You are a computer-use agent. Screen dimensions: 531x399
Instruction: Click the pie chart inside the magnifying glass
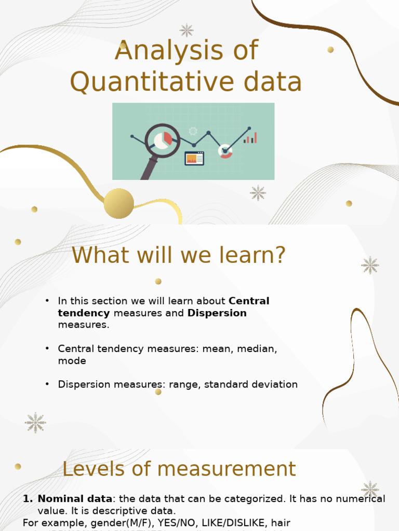(x=163, y=140)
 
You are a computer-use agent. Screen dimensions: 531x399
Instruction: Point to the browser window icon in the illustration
(x=194, y=159)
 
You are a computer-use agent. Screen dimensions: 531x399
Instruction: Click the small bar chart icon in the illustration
(x=250, y=138)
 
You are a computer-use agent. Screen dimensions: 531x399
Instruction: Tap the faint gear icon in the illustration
(x=193, y=131)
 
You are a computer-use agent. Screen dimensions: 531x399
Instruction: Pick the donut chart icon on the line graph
(x=225, y=151)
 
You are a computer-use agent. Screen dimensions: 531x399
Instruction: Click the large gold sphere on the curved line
(x=119, y=203)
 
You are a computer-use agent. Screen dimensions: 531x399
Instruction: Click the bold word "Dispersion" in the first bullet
(x=217, y=313)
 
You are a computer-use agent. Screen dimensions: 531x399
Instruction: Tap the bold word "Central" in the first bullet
(x=249, y=301)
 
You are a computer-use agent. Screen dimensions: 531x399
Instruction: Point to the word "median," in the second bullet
(x=258, y=349)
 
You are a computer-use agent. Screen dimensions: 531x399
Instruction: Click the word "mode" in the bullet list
(x=72, y=361)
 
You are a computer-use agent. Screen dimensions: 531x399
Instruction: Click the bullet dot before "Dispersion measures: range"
(x=47, y=384)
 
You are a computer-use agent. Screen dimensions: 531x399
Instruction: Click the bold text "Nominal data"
(x=75, y=499)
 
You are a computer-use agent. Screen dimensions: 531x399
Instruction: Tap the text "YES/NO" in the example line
(x=152, y=523)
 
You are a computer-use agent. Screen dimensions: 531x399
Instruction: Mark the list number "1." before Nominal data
(x=28, y=499)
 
